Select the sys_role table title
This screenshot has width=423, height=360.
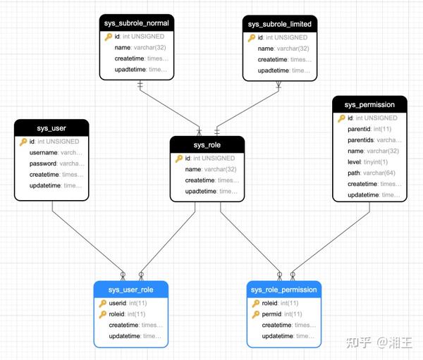pyautogui.click(x=207, y=145)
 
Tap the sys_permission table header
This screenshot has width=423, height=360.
pyautogui.click(x=369, y=105)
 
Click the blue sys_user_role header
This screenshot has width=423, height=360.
pyautogui.click(x=131, y=290)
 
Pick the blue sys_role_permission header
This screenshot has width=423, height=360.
pyautogui.click(x=283, y=290)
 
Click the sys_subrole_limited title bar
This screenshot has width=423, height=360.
pyautogui.click(x=280, y=24)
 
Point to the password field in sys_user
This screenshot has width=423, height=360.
pyautogui.click(x=44, y=163)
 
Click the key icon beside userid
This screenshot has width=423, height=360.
pyautogui.click(x=103, y=304)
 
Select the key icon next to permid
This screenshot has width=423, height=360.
pyautogui.click(x=256, y=314)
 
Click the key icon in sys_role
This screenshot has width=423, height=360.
pyautogui.click(x=179, y=159)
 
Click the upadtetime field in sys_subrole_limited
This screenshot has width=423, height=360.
pyautogui.click(x=274, y=70)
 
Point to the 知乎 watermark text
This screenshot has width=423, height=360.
pyautogui.click(x=357, y=342)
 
